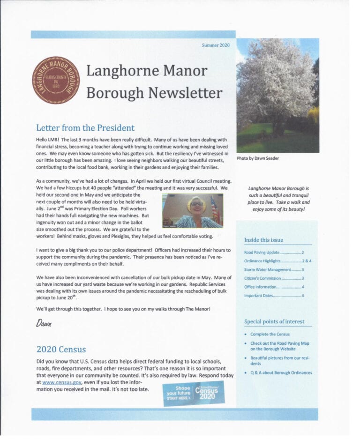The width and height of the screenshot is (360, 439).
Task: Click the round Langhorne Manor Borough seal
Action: coord(56,80)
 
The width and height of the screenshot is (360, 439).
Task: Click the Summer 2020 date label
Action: coord(216,45)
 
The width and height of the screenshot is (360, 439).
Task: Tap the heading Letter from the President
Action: coord(85,128)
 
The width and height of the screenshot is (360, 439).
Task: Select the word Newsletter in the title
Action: coord(185,93)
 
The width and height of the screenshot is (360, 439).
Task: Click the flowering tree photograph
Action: coord(277,95)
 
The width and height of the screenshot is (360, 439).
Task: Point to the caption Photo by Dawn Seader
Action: coord(258,158)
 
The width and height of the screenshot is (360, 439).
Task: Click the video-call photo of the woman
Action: coord(192,210)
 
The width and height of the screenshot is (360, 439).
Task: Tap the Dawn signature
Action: coord(43,323)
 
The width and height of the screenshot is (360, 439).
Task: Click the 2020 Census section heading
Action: coord(61,349)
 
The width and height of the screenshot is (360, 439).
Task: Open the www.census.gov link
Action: coord(60,382)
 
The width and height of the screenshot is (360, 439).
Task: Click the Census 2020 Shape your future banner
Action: coord(193,393)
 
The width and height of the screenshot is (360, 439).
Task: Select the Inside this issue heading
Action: coord(263,240)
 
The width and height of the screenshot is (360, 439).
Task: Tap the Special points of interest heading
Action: coord(274,321)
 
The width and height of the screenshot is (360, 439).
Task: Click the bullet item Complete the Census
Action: coord(270,334)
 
